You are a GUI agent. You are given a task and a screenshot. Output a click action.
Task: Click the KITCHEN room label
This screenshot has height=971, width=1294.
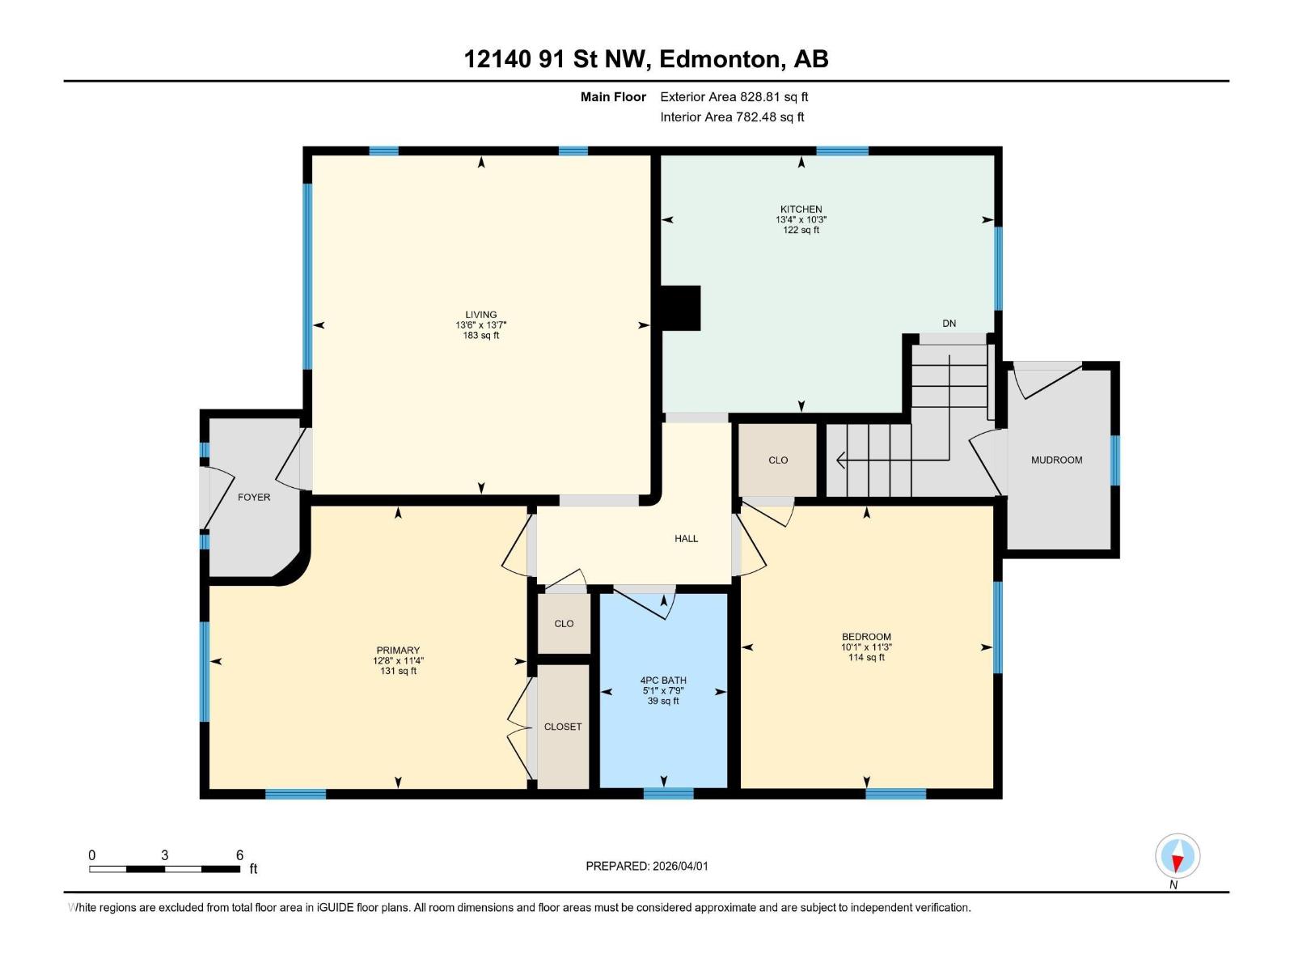coord(801,209)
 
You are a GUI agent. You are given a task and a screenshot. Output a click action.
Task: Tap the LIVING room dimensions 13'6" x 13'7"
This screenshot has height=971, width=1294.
coord(480,325)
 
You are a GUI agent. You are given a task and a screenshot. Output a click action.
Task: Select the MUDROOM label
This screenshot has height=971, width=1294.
coord(1056,460)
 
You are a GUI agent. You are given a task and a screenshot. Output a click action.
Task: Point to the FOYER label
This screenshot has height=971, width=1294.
coord(254,497)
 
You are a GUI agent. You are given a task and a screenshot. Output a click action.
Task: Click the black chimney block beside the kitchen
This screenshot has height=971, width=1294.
coord(680,307)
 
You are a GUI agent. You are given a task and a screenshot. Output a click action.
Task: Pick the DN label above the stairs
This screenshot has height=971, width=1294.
coord(949,323)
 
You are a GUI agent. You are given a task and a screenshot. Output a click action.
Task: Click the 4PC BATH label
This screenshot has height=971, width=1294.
coord(663,681)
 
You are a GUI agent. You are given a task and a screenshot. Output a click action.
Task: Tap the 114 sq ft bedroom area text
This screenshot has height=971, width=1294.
coord(866,658)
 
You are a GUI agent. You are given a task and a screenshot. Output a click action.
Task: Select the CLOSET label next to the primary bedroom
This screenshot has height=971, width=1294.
coord(563,727)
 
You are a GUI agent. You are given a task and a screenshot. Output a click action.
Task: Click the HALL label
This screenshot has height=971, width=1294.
coord(686,538)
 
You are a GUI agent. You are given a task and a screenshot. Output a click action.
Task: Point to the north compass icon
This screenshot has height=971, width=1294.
coord(1178,856)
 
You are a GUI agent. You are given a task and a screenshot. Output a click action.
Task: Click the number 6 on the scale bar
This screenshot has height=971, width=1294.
coord(239,855)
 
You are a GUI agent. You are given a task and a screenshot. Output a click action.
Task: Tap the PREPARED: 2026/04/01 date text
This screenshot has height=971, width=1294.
coord(647,866)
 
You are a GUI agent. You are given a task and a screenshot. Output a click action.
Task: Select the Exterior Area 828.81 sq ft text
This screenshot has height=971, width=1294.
coord(734,96)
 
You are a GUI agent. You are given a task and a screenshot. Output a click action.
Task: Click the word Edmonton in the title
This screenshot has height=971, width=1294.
coord(721,59)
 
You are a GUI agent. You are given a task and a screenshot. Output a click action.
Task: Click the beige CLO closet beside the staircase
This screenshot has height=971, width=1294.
coord(777,460)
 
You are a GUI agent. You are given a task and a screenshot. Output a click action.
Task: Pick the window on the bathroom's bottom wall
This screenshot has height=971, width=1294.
coord(668,793)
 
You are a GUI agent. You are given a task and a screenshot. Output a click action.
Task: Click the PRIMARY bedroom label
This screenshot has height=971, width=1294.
coord(398,650)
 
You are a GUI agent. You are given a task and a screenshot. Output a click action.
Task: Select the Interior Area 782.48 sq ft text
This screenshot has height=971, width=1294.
coord(732,117)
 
